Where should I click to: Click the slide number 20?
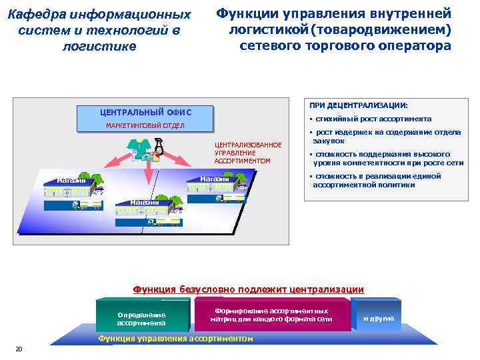coord(19,348)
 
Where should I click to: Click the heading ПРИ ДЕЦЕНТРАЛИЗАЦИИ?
coord(358,105)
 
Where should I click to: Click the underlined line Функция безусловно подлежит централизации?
coord(249,289)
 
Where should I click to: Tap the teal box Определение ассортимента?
coord(141,319)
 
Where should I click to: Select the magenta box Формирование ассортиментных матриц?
coord(271,315)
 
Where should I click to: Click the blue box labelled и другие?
coord(378,318)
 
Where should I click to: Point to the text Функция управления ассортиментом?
coord(176,339)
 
